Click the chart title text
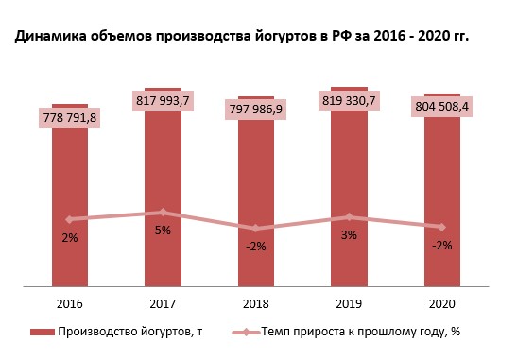241,37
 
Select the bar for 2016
70,255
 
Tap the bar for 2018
256,260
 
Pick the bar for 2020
441,260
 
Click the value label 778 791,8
70,118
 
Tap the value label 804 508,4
442,108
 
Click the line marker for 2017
163,213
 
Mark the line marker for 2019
349,217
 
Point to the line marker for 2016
70,219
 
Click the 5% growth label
163,231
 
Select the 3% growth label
349,235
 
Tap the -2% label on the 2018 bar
256,246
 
